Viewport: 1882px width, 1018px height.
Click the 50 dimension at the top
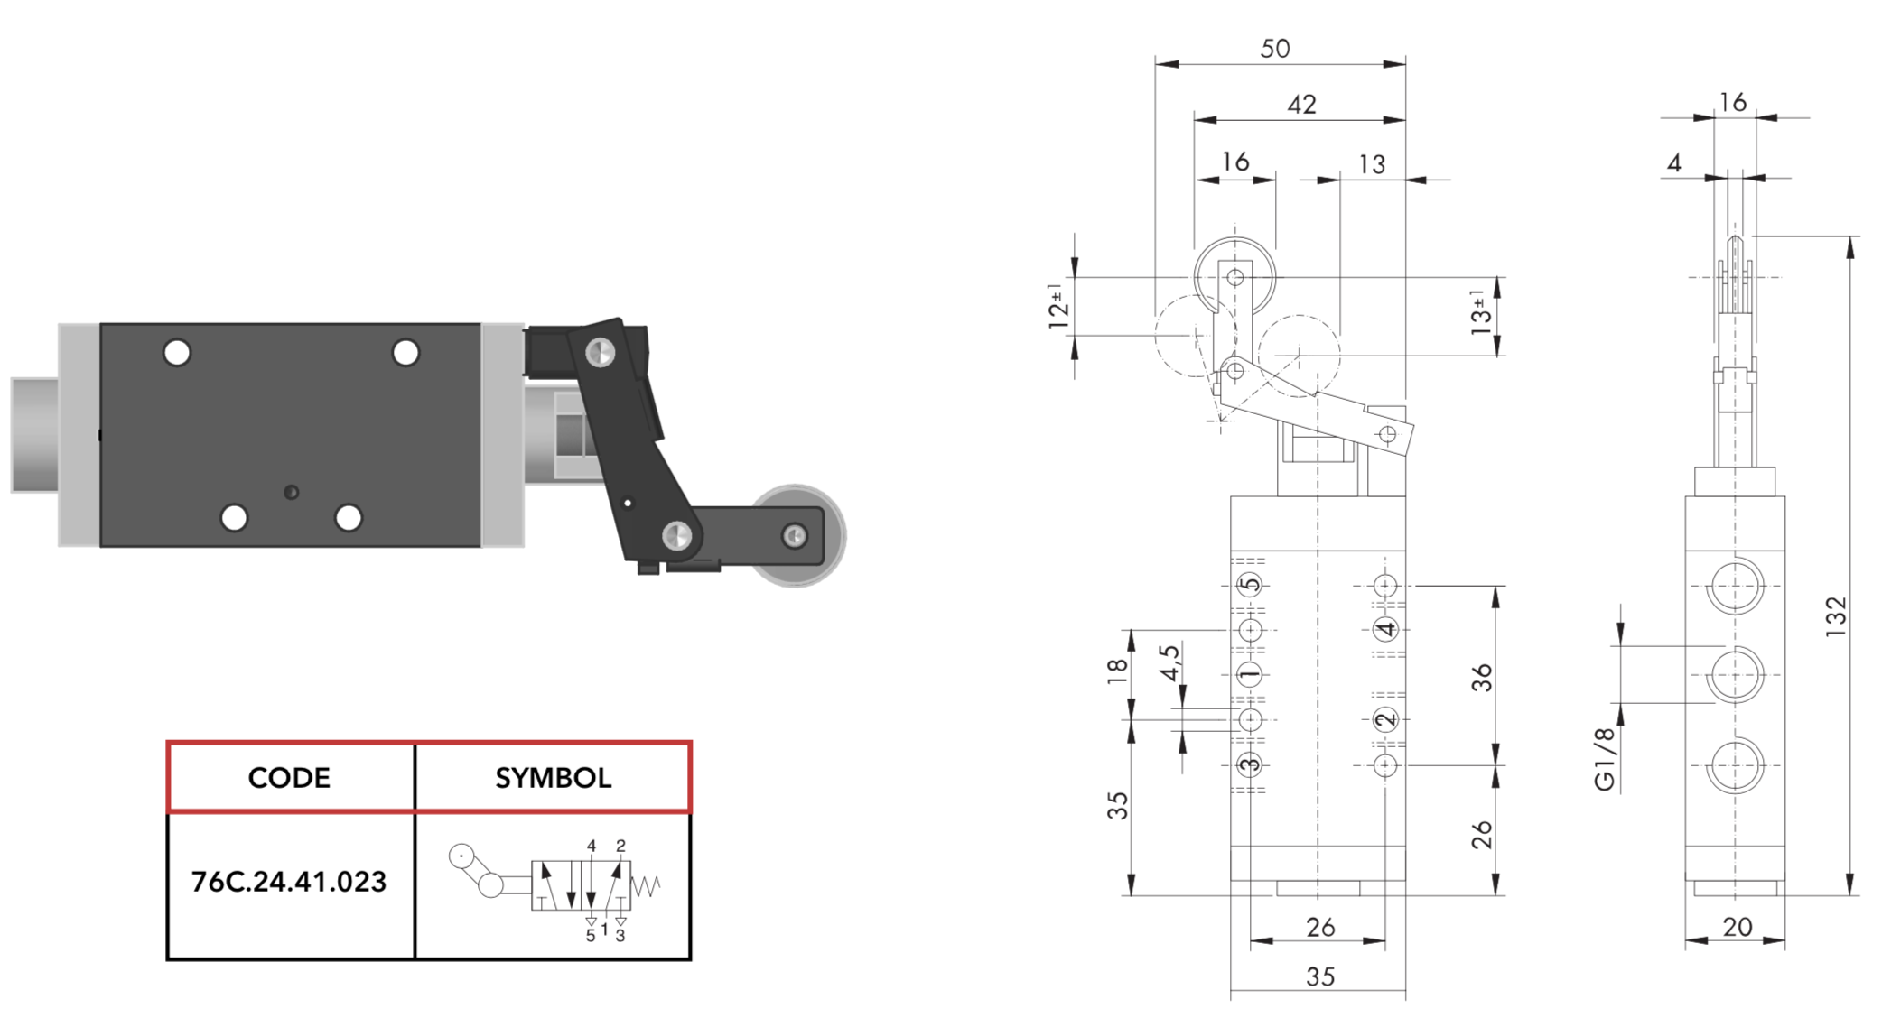point(1274,49)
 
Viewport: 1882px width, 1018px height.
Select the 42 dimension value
point(1300,105)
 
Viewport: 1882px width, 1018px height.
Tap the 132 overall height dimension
point(1836,617)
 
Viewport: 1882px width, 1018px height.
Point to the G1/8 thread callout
point(1605,759)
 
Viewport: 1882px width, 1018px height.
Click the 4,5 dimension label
point(1169,663)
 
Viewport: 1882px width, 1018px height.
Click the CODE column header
point(289,778)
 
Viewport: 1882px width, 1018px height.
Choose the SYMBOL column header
point(553,778)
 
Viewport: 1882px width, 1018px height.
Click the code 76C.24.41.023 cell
point(289,882)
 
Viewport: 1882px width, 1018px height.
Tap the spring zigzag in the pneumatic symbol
point(647,885)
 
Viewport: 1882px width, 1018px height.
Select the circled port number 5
point(1250,585)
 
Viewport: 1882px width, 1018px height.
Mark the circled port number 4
point(1384,629)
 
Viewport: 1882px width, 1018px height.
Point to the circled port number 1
point(1250,674)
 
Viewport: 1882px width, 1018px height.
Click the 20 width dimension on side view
point(1737,927)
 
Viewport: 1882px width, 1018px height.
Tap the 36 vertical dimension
point(1482,678)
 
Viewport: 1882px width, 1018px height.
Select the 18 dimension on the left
point(1117,670)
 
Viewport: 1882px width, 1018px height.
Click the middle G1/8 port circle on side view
point(1735,674)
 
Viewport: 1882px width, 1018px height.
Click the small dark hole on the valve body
point(291,492)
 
